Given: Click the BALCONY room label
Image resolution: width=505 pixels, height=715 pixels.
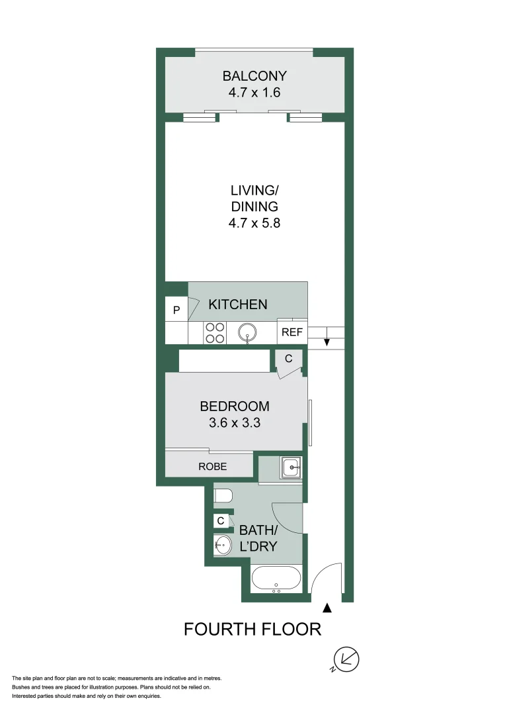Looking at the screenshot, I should tap(254, 75).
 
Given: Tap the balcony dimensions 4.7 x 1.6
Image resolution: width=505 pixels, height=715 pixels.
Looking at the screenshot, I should tap(254, 93).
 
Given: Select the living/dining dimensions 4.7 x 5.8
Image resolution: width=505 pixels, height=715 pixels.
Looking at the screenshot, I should tap(254, 223).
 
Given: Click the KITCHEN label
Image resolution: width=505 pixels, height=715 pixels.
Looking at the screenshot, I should tap(238, 305).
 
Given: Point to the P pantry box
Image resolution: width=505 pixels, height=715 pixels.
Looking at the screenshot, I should tap(176, 310).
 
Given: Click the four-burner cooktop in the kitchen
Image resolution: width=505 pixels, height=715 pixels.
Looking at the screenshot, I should tap(214, 332).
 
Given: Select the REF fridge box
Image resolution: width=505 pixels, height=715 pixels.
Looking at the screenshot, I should tap(291, 332).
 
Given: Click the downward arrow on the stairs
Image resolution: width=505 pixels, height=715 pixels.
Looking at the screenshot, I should tap(326, 342).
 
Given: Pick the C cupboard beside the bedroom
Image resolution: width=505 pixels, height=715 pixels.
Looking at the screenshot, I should tap(289, 359).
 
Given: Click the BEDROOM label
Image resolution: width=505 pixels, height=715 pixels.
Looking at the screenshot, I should tap(235, 406).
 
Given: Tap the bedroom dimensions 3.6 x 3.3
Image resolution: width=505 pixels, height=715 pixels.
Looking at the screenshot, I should tap(235, 422).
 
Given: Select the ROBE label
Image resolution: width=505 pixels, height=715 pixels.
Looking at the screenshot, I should tap(212, 467).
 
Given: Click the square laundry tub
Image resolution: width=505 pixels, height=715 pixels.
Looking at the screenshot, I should tap(291, 468).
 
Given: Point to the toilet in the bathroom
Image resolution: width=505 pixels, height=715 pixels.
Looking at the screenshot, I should tap(222, 496).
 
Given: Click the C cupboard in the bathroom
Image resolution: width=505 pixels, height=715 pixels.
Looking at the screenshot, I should tap(221, 521).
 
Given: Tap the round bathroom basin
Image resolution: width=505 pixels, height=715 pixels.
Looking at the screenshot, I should tap(223, 546).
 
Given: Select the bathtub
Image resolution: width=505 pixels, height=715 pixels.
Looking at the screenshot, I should tap(277, 579).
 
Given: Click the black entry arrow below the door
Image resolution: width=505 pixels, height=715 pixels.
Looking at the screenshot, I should tap(327, 608).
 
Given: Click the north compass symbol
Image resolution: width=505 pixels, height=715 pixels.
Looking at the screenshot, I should tap(348, 659).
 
